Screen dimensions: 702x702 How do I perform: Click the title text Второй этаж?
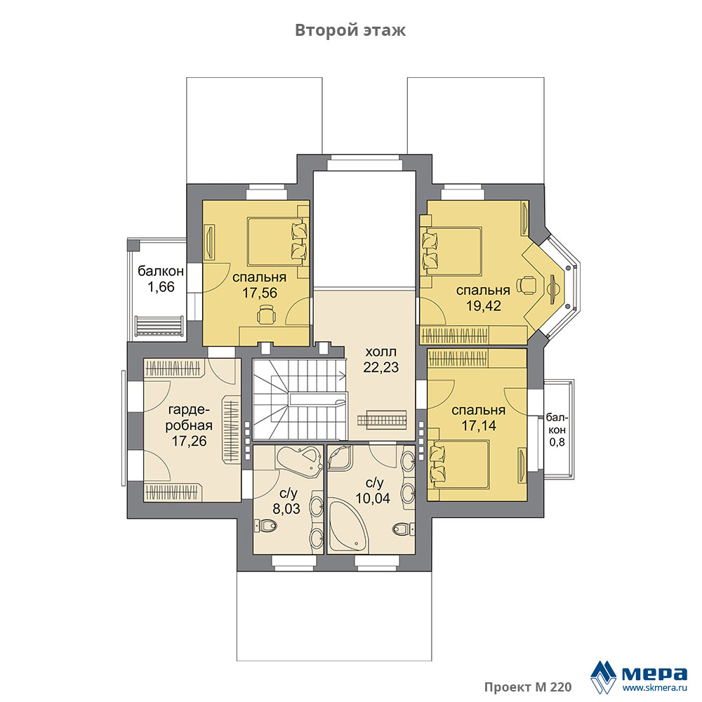[350, 30]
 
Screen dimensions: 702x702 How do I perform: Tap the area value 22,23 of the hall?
[381, 367]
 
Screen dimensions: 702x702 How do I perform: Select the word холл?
[381, 352]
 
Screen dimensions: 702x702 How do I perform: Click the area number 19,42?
[484, 306]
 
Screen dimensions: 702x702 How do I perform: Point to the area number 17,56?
[260, 293]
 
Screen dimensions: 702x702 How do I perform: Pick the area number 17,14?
[479, 425]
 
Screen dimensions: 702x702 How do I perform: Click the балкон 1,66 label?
[161, 279]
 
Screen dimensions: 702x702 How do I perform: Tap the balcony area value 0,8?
[557, 442]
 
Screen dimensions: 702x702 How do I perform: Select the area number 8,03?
[286, 508]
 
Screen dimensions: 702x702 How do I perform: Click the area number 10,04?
[373, 498]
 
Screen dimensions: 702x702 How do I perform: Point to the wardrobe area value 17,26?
[190, 441]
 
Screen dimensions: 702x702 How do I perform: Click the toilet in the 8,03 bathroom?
[265, 525]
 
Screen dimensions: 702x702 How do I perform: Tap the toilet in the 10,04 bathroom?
[403, 529]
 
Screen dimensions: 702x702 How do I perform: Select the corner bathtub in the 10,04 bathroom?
[348, 526]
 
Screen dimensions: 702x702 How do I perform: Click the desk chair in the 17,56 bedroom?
[266, 314]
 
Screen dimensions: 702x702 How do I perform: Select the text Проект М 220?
[527, 687]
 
